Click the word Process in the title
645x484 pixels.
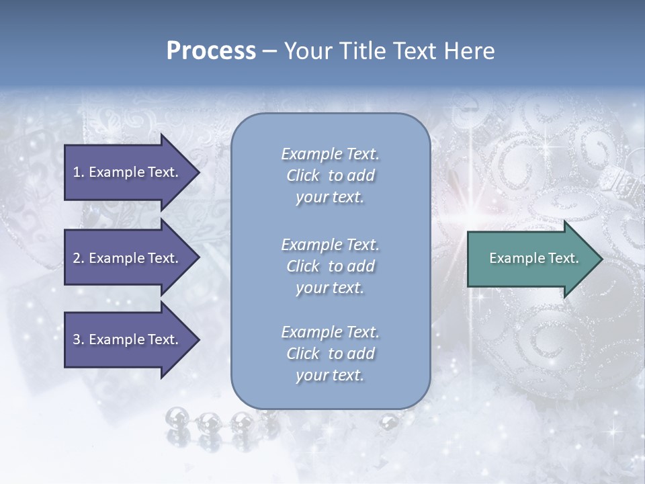pos(211,51)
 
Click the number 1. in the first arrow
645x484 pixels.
pos(79,172)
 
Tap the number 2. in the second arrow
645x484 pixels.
pos(79,258)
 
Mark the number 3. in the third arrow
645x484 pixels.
pos(79,339)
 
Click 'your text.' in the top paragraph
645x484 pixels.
pos(330,198)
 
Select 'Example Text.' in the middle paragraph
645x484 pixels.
pos(330,245)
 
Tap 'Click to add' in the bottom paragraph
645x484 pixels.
pos(330,354)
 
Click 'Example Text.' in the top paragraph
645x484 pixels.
pos(330,154)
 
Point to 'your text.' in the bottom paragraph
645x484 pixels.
pos(330,375)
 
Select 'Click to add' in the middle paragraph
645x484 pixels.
pos(330,266)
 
